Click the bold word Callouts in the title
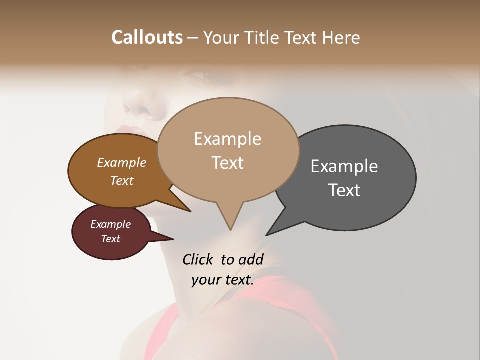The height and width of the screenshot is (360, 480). point(147,37)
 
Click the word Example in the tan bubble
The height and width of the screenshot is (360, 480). point(227,139)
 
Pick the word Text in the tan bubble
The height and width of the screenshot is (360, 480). point(227,163)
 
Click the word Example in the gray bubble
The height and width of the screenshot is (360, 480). point(344,166)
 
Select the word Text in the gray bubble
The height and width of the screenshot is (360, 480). point(344,190)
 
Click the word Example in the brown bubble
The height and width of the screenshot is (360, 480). point(121,163)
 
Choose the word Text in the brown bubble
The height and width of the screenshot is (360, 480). point(121,181)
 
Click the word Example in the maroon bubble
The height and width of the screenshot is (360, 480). point(110,224)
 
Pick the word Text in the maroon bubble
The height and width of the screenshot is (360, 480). point(110,239)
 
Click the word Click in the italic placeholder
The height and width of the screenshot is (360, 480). point(197,259)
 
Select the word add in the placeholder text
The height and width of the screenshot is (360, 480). point(251,259)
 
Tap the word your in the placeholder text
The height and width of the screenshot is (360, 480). point(206,280)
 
